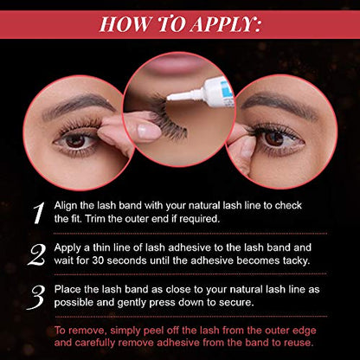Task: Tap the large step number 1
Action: click(x=39, y=213)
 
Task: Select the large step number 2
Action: click(x=36, y=254)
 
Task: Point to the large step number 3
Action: click(x=36, y=298)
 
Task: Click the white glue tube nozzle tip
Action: click(x=168, y=98)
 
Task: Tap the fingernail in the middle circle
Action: click(x=149, y=132)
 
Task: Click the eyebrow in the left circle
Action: click(x=79, y=106)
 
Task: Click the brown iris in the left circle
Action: click(x=75, y=141)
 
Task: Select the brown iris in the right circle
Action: click(x=273, y=138)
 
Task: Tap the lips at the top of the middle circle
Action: click(x=176, y=63)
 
